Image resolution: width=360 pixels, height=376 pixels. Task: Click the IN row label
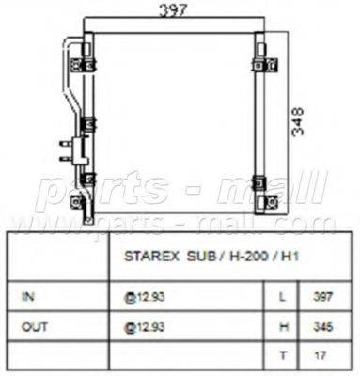pos(28,294)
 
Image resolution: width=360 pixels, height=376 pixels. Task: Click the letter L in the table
pos(284,294)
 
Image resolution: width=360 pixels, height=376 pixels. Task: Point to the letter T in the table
pos(284,356)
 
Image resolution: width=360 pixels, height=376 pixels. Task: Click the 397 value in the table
pos(322,294)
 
